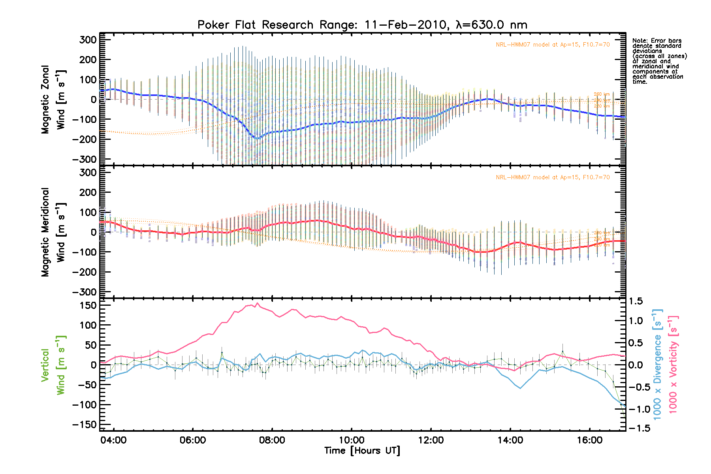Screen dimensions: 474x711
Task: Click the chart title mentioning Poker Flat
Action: (x=362, y=25)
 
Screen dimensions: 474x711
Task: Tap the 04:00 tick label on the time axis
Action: (x=113, y=440)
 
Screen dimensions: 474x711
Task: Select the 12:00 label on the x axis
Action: (x=431, y=440)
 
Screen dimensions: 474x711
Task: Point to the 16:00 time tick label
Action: (x=589, y=440)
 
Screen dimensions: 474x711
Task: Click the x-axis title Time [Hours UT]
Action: (x=362, y=451)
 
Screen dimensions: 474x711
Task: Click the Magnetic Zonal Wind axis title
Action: (x=53, y=100)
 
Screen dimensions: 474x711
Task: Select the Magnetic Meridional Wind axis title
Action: (x=53, y=232)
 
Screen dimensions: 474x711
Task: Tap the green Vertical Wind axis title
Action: (x=53, y=365)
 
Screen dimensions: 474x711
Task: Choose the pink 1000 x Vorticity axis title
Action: (x=673, y=364)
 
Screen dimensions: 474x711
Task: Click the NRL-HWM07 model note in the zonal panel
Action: (x=553, y=45)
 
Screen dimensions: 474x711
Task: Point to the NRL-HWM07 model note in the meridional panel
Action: (x=553, y=177)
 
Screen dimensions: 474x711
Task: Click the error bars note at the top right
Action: (x=659, y=61)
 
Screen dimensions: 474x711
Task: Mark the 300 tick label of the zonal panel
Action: (x=88, y=39)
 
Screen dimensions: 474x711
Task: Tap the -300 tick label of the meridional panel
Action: (x=85, y=292)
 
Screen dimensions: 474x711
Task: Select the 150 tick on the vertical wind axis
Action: (x=88, y=305)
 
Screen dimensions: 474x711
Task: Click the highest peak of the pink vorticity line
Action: (x=258, y=303)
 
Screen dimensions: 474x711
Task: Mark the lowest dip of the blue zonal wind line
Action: (x=258, y=138)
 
